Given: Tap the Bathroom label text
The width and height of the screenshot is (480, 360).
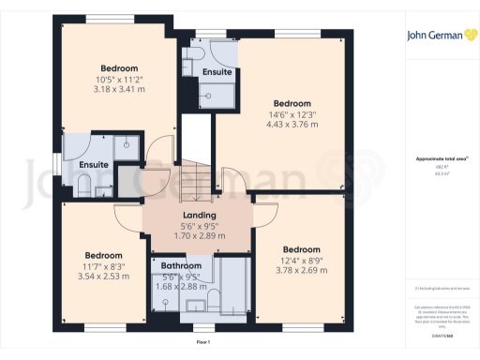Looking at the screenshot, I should coord(182,266).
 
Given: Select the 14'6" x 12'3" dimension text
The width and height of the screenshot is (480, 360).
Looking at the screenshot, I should coord(292,114).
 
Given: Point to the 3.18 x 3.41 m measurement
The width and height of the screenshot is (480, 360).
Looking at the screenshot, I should coord(119,90).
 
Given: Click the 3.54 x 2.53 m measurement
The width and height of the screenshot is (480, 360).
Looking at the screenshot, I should coord(104,277).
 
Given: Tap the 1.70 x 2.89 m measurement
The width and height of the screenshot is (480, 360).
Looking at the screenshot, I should coord(197,236).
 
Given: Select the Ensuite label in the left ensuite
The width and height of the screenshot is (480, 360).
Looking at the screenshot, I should coord(94,166).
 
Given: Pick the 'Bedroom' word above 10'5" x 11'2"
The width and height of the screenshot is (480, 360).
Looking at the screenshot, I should coord(119,68).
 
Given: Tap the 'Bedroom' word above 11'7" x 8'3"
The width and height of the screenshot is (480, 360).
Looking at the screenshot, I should coord(104,255).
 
